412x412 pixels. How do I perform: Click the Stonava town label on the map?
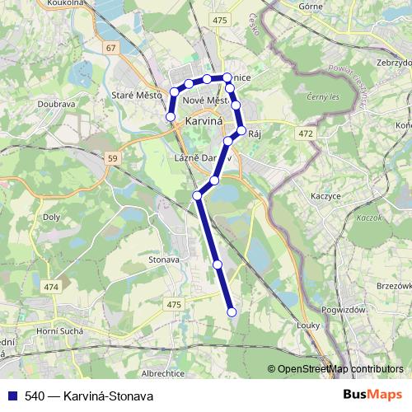165,260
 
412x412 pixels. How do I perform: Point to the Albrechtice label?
175,372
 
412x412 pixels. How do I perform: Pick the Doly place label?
51,217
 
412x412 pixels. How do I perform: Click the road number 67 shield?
111,48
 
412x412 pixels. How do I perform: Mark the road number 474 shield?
52,287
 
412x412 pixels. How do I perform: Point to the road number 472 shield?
307,132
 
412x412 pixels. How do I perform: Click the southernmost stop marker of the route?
232,311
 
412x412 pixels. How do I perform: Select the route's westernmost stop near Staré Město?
171,117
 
